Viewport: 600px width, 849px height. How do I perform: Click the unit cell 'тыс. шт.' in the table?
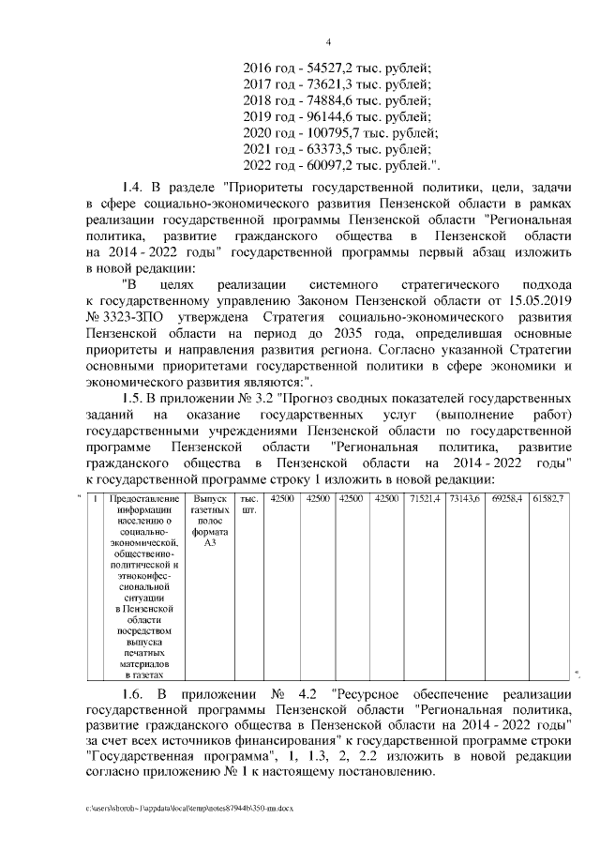tap(249, 504)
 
